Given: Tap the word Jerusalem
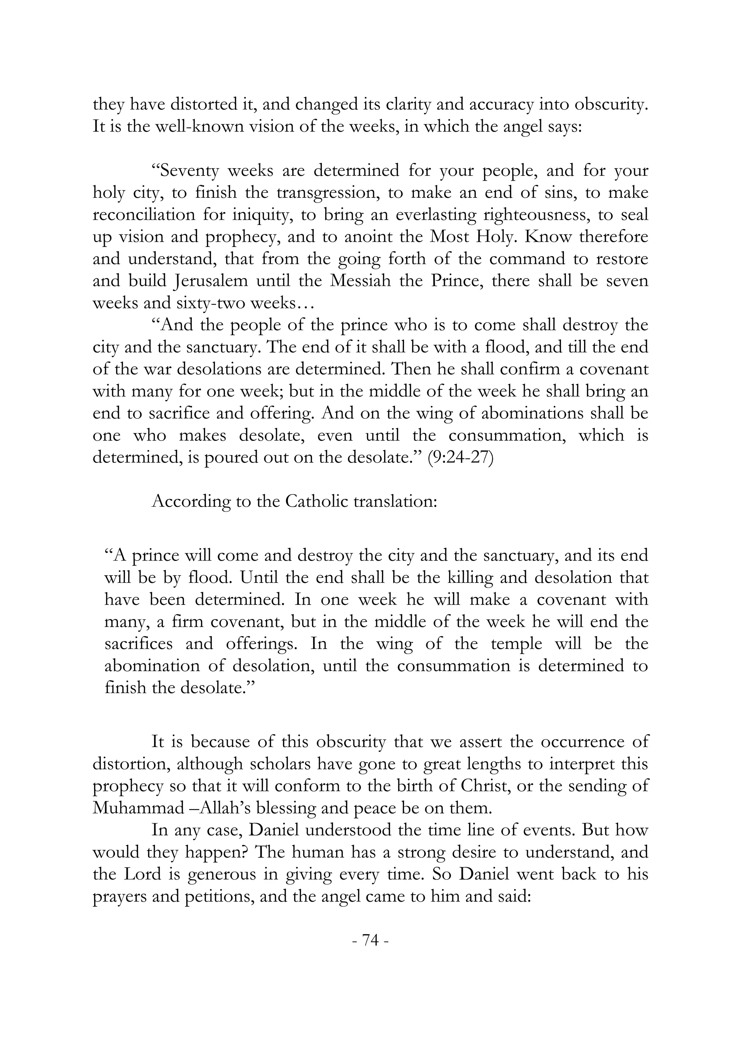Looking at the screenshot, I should tap(214, 281).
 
